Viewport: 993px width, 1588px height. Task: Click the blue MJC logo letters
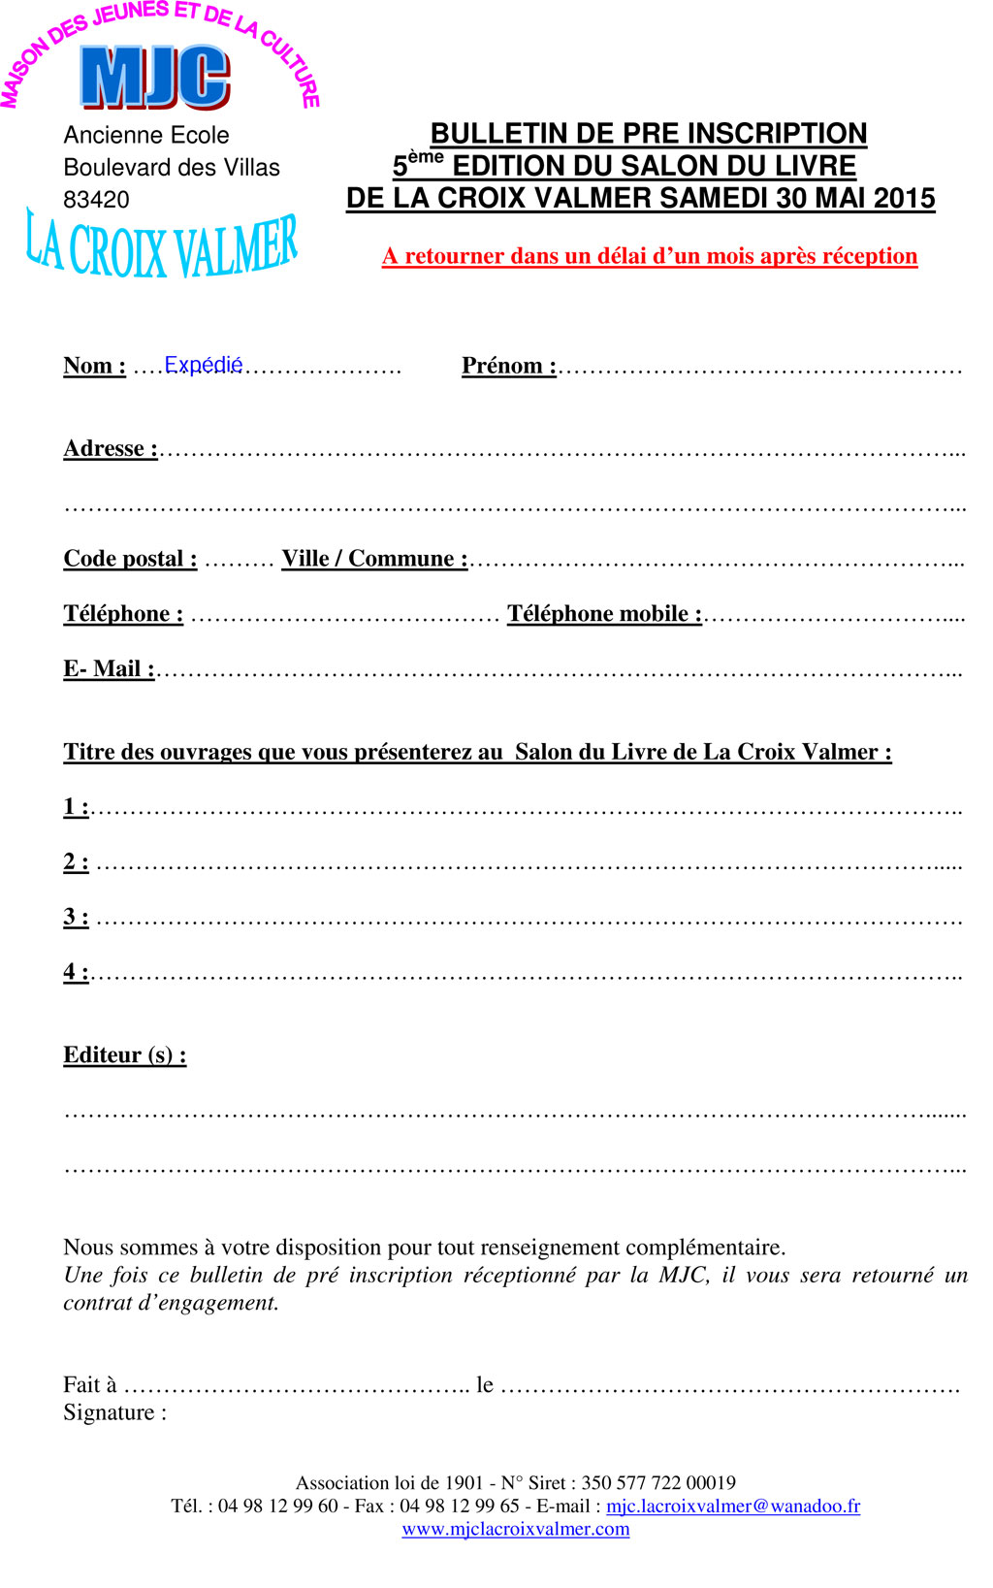(x=155, y=77)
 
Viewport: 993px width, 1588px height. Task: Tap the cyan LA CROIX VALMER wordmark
(x=162, y=247)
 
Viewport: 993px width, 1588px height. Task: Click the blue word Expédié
(x=203, y=365)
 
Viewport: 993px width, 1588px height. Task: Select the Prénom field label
(x=508, y=366)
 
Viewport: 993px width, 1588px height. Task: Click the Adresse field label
(x=110, y=448)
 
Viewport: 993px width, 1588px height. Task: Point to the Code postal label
(x=130, y=559)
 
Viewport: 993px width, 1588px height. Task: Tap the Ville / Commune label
(x=374, y=559)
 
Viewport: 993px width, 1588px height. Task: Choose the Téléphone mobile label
(x=604, y=614)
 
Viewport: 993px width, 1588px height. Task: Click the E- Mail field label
(x=109, y=668)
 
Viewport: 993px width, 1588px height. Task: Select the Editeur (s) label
(x=124, y=1054)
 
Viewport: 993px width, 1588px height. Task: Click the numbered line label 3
(x=76, y=917)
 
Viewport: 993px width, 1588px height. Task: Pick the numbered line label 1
(x=76, y=806)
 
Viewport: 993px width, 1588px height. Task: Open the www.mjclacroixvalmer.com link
(x=516, y=1529)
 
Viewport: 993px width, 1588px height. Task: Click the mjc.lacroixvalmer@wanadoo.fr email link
(x=733, y=1506)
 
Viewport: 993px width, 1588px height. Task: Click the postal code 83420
(x=96, y=200)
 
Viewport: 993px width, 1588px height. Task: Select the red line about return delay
(x=650, y=256)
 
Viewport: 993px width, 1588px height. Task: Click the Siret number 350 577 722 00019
(x=658, y=1482)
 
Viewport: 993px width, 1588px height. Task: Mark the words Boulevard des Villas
(x=172, y=168)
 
